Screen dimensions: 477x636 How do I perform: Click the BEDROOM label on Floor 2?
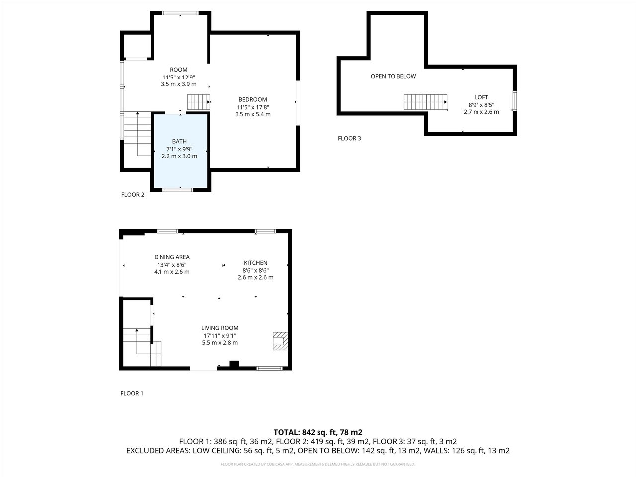click(x=253, y=99)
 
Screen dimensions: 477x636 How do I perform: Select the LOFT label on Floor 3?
click(x=481, y=97)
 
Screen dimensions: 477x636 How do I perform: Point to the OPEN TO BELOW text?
click(x=393, y=76)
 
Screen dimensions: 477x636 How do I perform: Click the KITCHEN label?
click(x=255, y=263)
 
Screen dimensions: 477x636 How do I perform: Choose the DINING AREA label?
click(x=171, y=257)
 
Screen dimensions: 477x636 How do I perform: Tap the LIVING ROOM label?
click(x=220, y=328)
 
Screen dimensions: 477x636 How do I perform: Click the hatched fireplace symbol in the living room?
click(x=280, y=341)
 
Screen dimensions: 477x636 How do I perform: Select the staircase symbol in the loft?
click(x=425, y=102)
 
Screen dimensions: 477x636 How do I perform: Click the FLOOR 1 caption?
click(x=132, y=393)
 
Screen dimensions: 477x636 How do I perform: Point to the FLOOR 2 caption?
click(x=133, y=195)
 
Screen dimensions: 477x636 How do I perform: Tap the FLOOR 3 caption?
click(x=349, y=138)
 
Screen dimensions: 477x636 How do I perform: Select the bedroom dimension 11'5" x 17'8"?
click(x=253, y=107)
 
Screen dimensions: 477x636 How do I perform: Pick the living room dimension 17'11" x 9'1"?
click(x=220, y=335)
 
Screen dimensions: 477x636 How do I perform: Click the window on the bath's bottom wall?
click(x=178, y=189)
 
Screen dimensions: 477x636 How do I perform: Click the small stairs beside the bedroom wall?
click(x=199, y=102)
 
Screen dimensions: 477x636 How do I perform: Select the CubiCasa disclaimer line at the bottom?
click(x=318, y=464)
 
